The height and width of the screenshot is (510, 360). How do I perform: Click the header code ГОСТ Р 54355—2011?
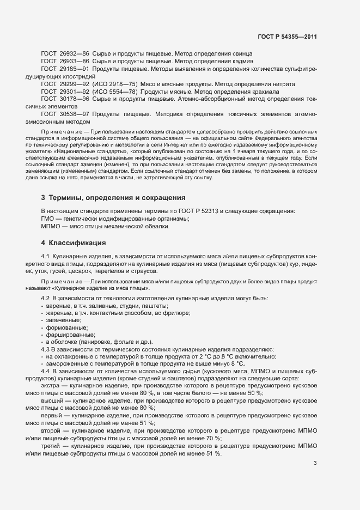pyautogui.click(x=288, y=38)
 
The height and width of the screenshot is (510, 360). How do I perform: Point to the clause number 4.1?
pyautogui.click(x=46, y=256)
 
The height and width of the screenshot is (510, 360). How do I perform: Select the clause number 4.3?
pyautogui.click(x=46, y=349)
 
